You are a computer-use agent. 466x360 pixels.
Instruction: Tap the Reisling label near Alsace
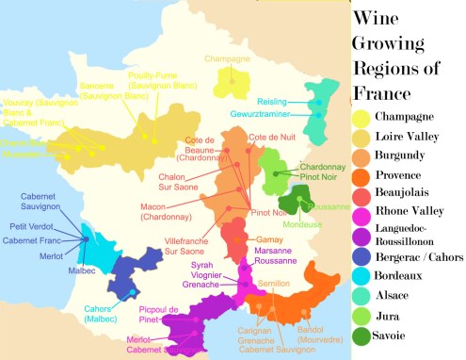click(273, 101)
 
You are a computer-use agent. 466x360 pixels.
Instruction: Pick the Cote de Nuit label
click(267, 139)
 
